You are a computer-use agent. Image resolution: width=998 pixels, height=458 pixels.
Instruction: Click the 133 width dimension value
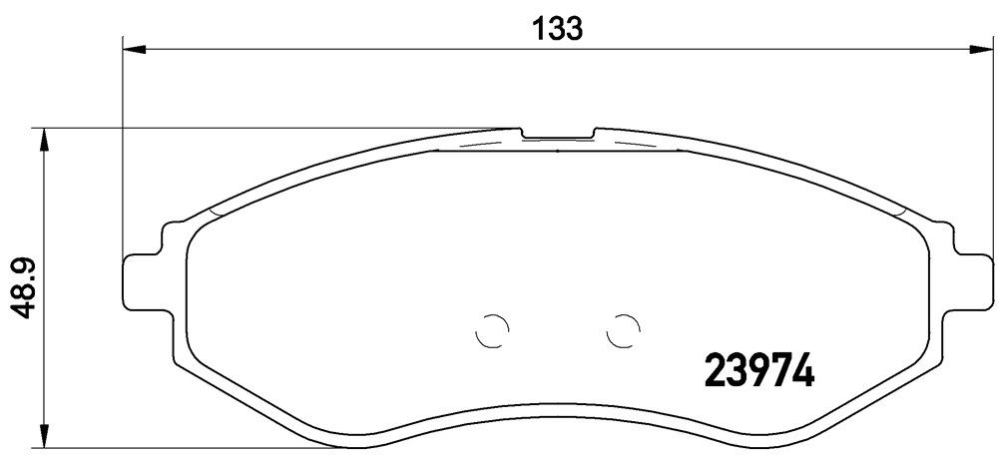558,29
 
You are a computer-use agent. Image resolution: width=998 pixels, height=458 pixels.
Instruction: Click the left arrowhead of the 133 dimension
134,49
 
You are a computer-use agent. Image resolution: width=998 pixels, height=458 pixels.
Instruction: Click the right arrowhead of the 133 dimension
981,49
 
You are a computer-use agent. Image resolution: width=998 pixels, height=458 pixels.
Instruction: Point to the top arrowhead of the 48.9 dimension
43,140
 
